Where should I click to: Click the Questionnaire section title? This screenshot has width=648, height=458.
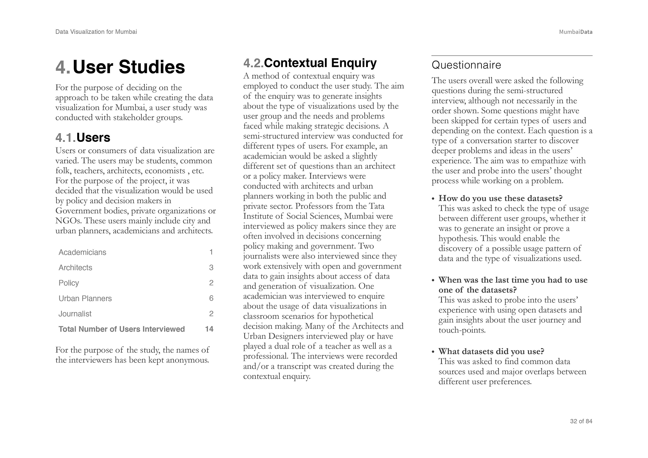(466, 65)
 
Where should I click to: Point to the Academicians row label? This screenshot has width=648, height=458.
(82, 252)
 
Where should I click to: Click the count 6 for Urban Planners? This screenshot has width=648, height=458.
(211, 298)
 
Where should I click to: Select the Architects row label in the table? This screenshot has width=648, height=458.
(75, 268)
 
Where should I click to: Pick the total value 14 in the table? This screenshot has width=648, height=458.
(209, 329)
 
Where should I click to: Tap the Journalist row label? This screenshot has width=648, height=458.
(75, 314)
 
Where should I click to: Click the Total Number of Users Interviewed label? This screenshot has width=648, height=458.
(121, 329)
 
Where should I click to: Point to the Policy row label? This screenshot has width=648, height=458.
(69, 283)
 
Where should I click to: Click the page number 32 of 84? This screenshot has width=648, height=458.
(581, 421)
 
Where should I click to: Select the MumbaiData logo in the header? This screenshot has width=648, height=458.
(575, 32)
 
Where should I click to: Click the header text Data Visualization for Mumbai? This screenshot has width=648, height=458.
(96, 32)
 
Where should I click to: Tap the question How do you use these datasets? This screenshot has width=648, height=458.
(500, 198)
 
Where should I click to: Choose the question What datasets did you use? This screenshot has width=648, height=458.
(491, 351)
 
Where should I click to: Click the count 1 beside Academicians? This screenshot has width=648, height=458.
(211, 252)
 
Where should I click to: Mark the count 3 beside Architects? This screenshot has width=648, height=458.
(211, 268)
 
